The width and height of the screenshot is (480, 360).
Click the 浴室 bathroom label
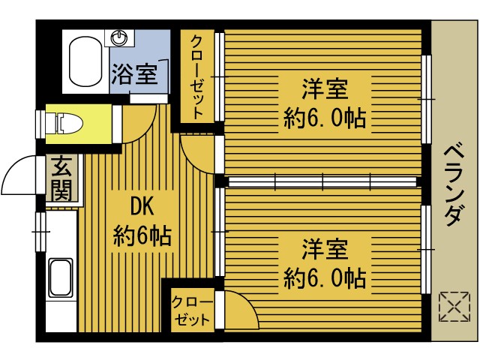(x=135, y=75)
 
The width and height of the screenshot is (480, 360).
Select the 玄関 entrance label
(x=61, y=178)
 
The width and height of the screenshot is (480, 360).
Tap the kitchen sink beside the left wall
(x=60, y=278)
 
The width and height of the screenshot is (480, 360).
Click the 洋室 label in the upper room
(x=325, y=89)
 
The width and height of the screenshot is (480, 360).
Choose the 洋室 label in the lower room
(x=325, y=248)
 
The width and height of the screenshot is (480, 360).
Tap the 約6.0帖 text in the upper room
(x=325, y=118)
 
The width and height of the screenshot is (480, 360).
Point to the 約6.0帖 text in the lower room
(x=325, y=278)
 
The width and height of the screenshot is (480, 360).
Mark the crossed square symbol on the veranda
(x=451, y=306)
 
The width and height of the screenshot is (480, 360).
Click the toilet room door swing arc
(x=136, y=124)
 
